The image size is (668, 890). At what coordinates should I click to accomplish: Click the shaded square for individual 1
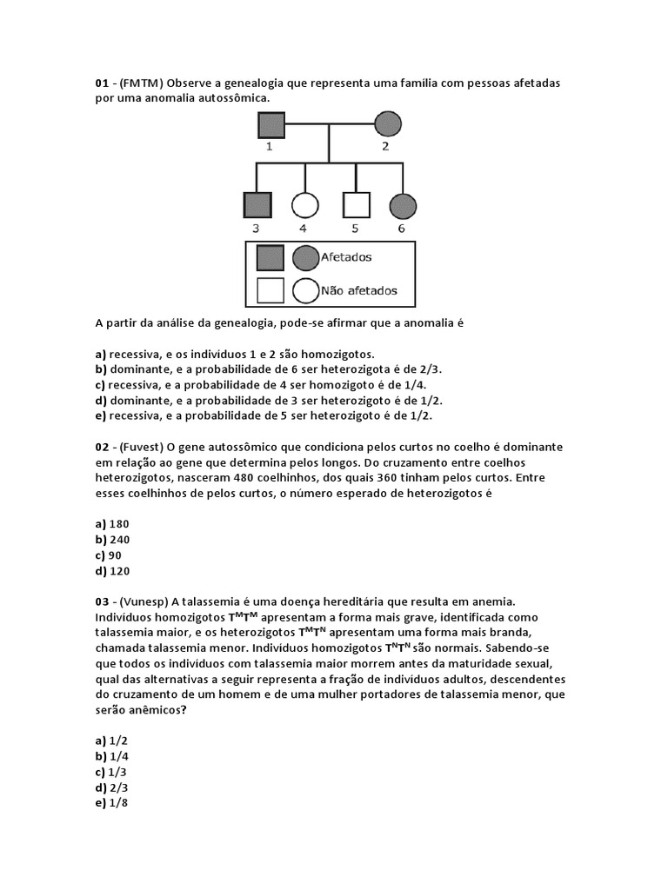[x=269, y=125]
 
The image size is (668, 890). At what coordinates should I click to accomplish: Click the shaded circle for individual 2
[x=387, y=125]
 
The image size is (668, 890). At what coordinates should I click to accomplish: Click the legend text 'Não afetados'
[x=359, y=291]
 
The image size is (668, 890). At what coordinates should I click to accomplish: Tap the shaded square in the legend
[x=271, y=258]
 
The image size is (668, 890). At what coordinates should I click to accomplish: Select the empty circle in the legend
[x=305, y=290]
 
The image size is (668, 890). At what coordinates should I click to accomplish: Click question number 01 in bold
[x=103, y=83]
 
